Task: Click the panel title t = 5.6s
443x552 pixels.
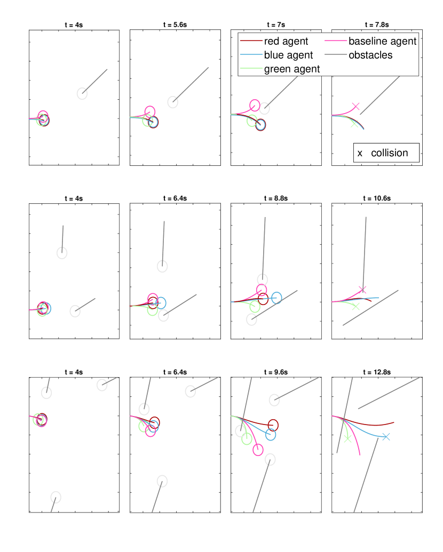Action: pyautogui.click(x=175, y=25)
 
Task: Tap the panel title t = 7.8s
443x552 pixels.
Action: pyautogui.click(x=377, y=25)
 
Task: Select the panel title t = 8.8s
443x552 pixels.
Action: pyautogui.click(x=275, y=198)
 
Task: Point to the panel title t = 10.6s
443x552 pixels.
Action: pyautogui.click(x=377, y=198)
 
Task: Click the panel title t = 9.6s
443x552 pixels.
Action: pyautogui.click(x=275, y=372)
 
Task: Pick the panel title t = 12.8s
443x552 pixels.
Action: pyautogui.click(x=377, y=372)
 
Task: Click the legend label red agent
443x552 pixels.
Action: pyautogui.click(x=286, y=42)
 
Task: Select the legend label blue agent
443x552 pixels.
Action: pyautogui.click(x=288, y=55)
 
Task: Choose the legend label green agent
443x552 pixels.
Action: pyautogui.click(x=292, y=69)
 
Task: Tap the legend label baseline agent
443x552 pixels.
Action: pyautogui.click(x=382, y=42)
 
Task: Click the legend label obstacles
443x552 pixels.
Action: pyautogui.click(x=370, y=55)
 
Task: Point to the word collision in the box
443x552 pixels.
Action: pyautogui.click(x=390, y=153)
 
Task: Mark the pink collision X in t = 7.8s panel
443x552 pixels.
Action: pyautogui.click(x=355, y=106)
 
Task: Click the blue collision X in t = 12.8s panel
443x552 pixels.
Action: pyautogui.click(x=386, y=436)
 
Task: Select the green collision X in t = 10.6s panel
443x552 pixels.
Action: pyautogui.click(x=355, y=307)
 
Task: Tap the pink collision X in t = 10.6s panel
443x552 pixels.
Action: pyautogui.click(x=362, y=290)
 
